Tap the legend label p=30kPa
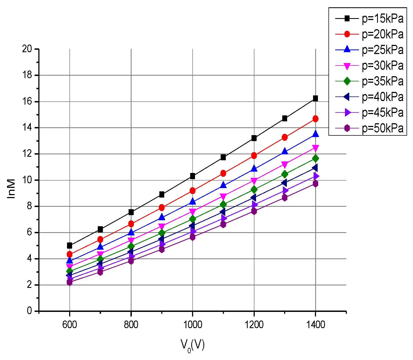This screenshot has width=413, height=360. point(382,66)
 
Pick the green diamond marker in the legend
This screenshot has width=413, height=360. point(347,81)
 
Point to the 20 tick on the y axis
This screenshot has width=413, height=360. point(27,49)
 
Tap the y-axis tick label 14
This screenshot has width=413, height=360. point(27,128)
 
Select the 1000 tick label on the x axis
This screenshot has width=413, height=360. point(193,324)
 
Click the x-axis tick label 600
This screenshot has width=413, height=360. point(70,324)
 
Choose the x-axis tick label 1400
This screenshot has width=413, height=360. point(315,324)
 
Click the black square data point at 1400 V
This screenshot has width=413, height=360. point(315,98)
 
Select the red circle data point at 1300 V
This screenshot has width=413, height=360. point(285,137)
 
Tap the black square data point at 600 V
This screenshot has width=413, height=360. point(70,245)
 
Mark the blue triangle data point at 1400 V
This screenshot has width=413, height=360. point(315,134)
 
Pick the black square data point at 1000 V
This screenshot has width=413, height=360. point(193,176)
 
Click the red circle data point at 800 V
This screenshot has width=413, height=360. point(131,224)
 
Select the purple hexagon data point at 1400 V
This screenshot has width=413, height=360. point(315,184)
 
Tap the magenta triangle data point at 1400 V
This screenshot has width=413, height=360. point(315,148)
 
